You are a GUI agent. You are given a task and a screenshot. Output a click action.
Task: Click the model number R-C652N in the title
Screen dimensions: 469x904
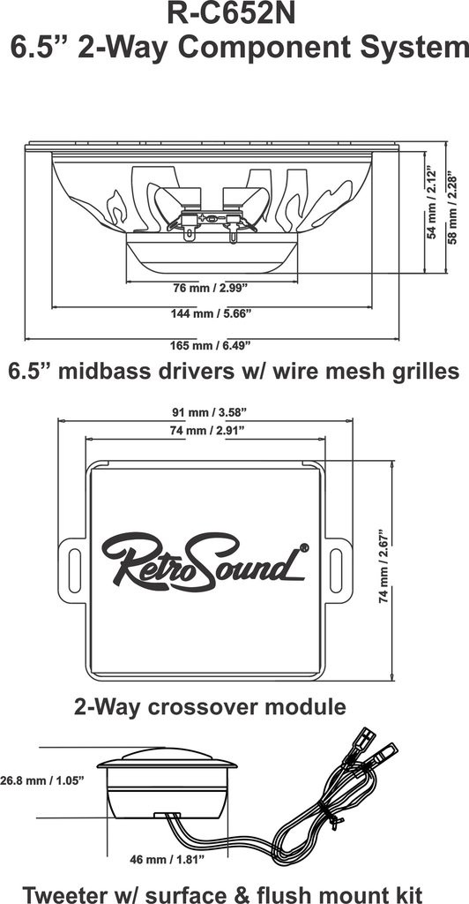point(231,14)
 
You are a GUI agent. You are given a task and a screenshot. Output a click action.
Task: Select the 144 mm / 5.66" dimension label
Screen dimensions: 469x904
point(212,313)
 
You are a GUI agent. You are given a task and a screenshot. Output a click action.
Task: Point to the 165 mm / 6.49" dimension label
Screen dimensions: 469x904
point(212,346)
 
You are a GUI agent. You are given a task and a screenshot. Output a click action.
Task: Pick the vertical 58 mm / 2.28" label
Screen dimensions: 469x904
point(452,207)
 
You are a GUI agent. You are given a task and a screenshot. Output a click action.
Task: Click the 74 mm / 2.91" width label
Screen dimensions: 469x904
point(205,430)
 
